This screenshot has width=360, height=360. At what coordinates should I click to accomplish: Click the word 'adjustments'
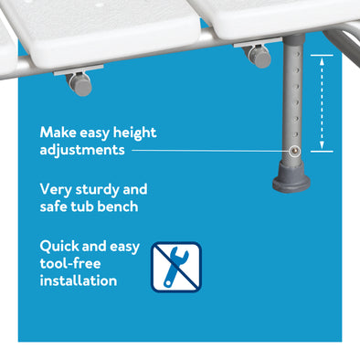pyautogui.click(x=82, y=149)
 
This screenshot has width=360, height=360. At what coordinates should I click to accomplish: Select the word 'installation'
pyautogui.click(x=79, y=281)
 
